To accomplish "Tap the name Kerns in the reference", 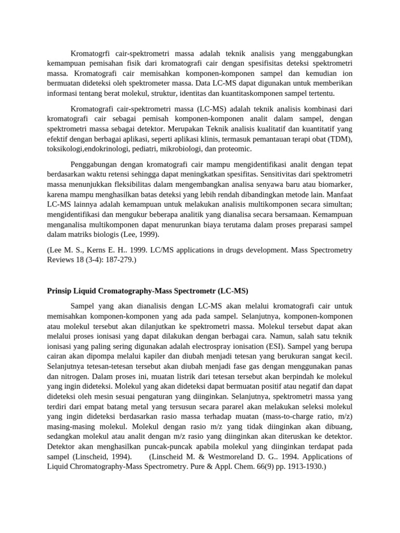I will pos(94,250).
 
